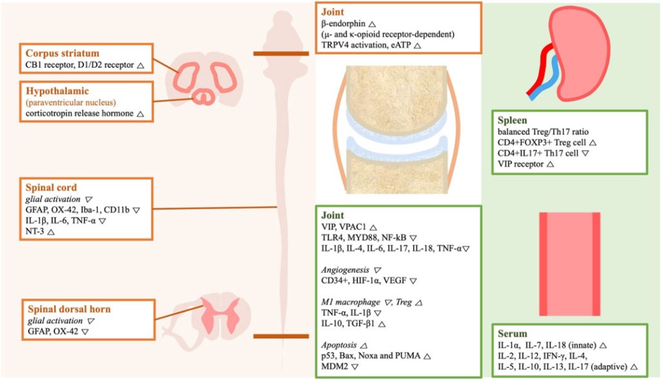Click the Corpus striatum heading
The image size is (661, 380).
(x=63, y=53)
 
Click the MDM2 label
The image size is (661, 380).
(x=334, y=366)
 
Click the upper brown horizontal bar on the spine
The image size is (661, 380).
(x=279, y=54)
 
